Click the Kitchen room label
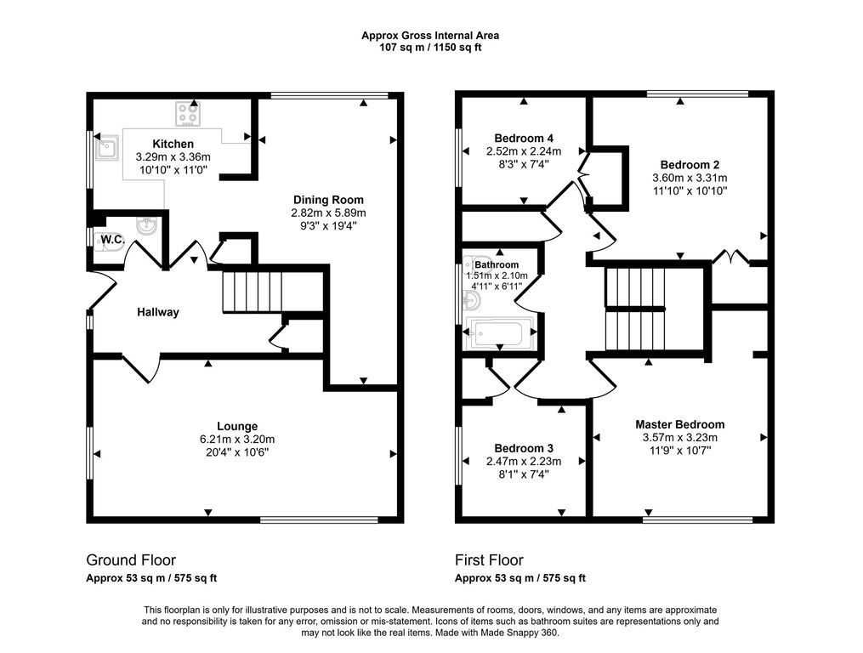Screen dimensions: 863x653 click(173, 144)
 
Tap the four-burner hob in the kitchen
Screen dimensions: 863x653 click(188, 114)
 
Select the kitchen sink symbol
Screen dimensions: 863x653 click(107, 147)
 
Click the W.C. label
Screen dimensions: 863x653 click(113, 240)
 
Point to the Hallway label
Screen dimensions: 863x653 click(158, 312)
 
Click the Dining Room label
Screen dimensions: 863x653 click(328, 200)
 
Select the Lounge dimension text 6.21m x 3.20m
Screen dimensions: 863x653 click(237, 440)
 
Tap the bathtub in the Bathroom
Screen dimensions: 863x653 click(499, 333)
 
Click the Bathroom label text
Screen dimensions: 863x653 click(497, 264)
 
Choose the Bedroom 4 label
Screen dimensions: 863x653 click(524, 139)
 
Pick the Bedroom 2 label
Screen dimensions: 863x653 click(690, 165)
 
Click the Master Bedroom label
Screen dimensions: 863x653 click(679, 424)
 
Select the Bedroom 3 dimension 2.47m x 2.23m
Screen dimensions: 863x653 click(524, 462)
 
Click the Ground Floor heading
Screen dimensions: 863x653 click(131, 560)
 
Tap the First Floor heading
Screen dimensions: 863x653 click(489, 560)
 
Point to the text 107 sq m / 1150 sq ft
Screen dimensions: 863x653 click(430, 48)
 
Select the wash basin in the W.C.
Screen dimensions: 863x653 click(147, 225)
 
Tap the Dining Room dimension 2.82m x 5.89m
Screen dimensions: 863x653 click(328, 213)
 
